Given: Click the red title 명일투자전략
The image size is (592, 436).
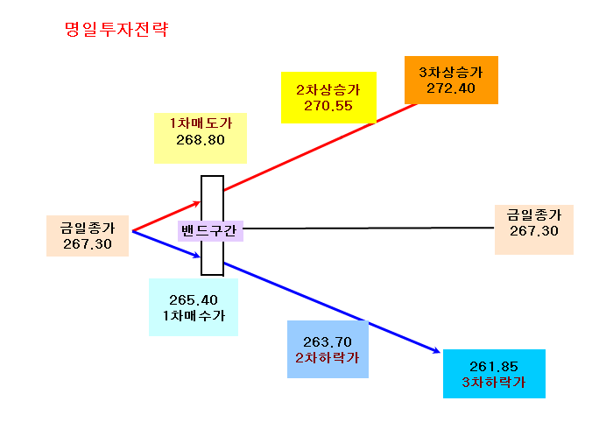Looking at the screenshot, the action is click(116, 30).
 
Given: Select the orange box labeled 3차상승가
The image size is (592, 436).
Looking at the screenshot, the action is click(451, 80).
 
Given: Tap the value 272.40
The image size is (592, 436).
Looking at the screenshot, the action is click(451, 88).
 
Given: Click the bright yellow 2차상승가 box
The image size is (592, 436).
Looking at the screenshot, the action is click(328, 97).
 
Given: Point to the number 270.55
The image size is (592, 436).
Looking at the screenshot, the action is click(328, 106).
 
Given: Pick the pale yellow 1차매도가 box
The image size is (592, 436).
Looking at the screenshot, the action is click(201, 138).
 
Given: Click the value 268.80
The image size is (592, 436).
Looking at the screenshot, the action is click(201, 140).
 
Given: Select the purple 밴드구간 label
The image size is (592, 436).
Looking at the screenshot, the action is click(210, 230).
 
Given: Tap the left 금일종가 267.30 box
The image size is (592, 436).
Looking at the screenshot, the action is click(88, 236).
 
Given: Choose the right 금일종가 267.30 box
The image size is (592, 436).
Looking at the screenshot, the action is click(534, 229).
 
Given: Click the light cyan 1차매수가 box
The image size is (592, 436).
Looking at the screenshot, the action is click(194, 307).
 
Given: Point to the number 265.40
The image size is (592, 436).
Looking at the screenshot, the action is click(194, 300).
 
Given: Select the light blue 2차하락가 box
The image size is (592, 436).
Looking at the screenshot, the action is click(328, 349).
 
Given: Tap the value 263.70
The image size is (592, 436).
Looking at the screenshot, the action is click(328, 342).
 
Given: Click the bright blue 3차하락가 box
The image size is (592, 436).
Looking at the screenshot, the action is click(494, 374).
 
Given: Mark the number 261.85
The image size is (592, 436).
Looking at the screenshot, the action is click(494, 367).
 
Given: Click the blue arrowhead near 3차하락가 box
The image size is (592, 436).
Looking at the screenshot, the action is click(436, 351).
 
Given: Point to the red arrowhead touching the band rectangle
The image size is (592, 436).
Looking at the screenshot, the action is click(196, 204).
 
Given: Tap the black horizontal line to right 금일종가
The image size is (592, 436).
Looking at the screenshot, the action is click(369, 228).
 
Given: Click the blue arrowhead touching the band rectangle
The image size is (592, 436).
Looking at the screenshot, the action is click(196, 255).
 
